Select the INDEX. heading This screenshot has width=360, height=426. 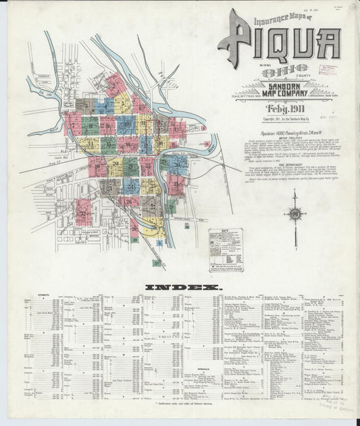pyautogui.click(x=180, y=288)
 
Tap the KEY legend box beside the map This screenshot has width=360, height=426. pyautogui.click(x=226, y=248)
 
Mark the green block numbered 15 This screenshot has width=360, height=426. pyautogui.click(x=108, y=143)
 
